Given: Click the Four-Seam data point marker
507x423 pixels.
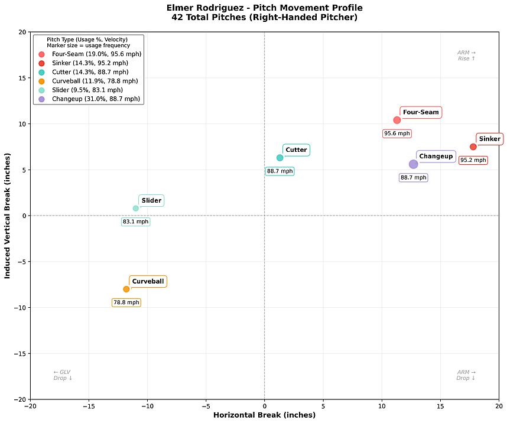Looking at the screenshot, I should point(397,120).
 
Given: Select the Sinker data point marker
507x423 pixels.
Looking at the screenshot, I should point(473,147).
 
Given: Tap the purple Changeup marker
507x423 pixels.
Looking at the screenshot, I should point(414,164).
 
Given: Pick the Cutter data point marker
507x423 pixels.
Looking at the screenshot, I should point(280,158).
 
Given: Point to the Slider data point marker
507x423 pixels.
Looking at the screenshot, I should point(136,208).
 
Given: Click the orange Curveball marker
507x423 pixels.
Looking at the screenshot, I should point(126,289).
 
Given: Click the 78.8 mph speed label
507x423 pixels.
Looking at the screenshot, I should point(126,302).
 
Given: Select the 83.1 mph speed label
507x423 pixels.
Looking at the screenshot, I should point(136,222).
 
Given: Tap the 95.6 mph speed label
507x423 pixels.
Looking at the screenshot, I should point(397,134).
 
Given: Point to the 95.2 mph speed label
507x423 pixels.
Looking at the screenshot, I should point(473,160).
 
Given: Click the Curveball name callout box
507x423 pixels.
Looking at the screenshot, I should point(148,281).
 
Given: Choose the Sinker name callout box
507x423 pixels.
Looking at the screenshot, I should point(490,139).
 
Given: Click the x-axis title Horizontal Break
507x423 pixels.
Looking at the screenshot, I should point(264,415).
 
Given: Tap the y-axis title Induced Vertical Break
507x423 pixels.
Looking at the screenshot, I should point(8,216).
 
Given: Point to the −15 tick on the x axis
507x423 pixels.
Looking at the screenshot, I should point(89,406).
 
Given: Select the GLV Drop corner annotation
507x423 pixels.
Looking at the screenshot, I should point(62,375).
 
